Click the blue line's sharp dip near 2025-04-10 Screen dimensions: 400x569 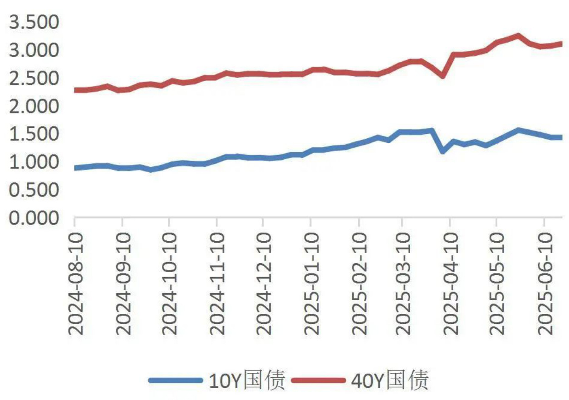coord(442,151)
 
